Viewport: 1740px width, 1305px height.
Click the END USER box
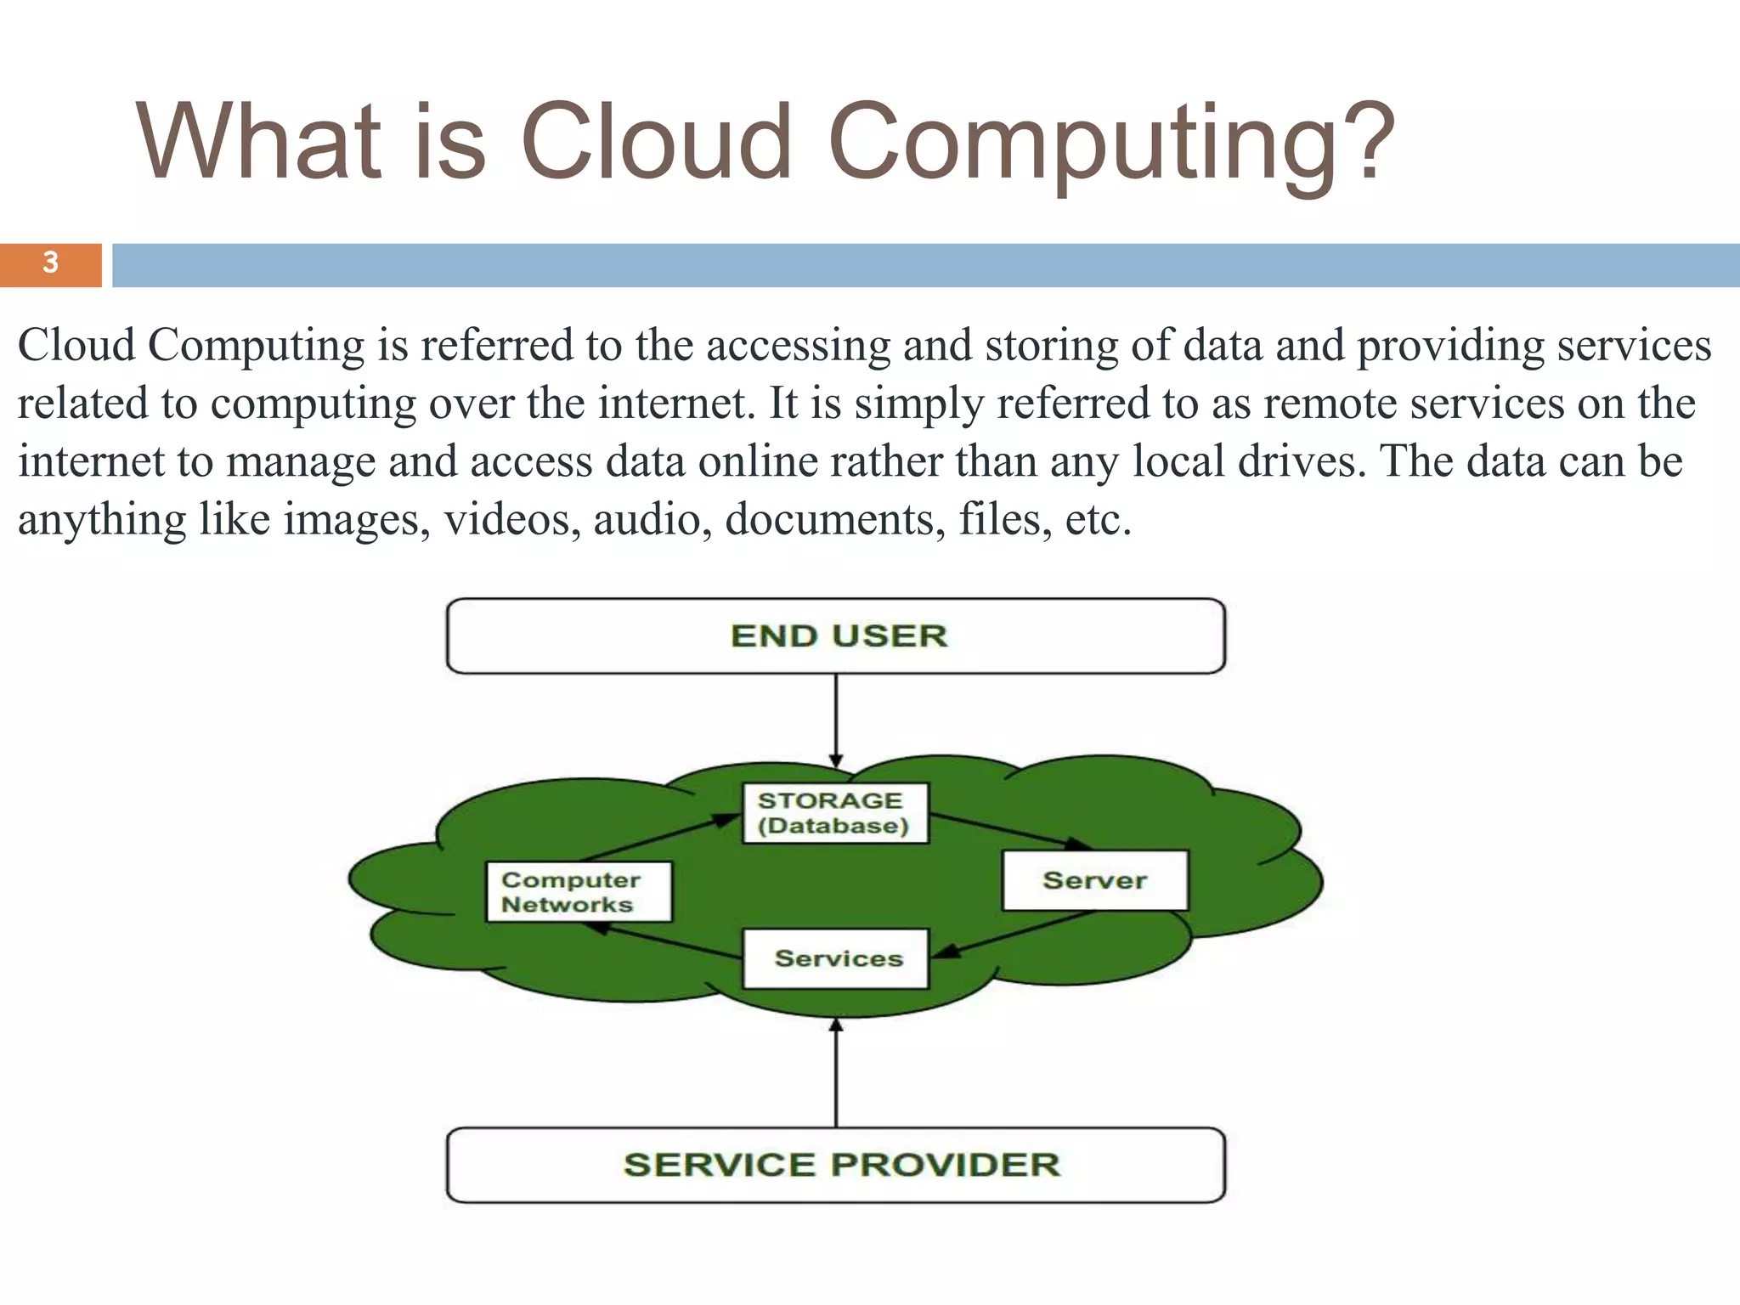pyautogui.click(x=835, y=636)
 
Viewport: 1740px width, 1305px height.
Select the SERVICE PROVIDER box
pyautogui.click(x=835, y=1165)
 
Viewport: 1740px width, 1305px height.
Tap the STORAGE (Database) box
pyautogui.click(x=835, y=813)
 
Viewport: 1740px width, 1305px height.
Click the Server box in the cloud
pyautogui.click(x=1094, y=880)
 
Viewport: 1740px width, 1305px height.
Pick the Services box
pyautogui.click(x=836, y=958)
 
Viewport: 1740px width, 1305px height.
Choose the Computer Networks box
pyautogui.click(x=579, y=891)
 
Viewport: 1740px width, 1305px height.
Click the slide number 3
pyautogui.click(x=50, y=263)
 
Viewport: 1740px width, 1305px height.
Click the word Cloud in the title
pyautogui.click(x=654, y=143)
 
